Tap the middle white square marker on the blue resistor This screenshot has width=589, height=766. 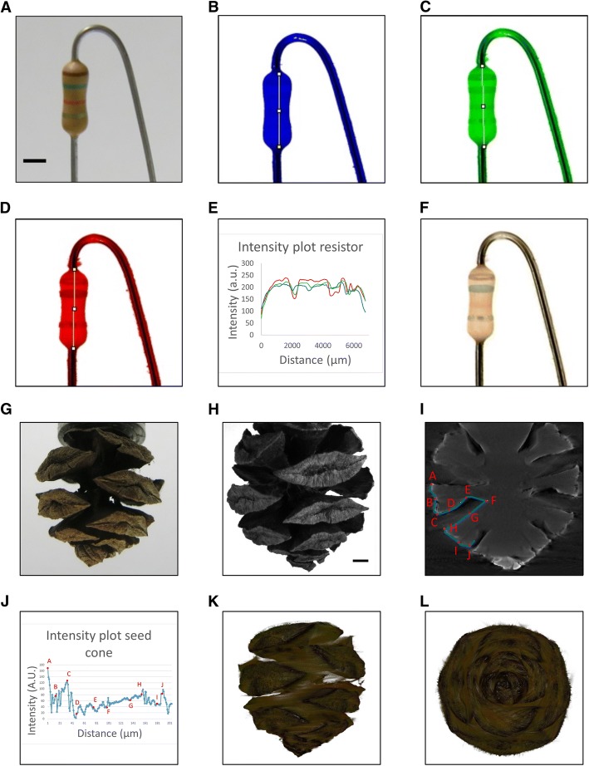point(280,110)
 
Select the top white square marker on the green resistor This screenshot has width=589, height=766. point(483,65)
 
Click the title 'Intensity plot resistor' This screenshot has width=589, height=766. point(301,247)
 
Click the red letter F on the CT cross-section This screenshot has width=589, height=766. point(493,500)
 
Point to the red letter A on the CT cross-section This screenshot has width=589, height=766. point(433,475)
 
